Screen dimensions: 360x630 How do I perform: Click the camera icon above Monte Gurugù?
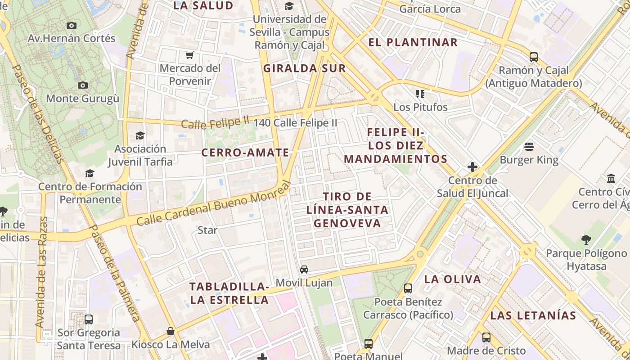pyautogui.click(x=82, y=85)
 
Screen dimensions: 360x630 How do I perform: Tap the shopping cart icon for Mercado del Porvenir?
pyautogui.click(x=190, y=55)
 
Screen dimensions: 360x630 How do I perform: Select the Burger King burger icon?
pyautogui.click(x=529, y=147)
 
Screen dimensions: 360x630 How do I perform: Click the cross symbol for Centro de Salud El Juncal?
pyautogui.click(x=472, y=167)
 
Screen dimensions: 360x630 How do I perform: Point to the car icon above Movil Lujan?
pyautogui.click(x=304, y=270)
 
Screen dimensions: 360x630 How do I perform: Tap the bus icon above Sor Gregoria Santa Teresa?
pyautogui.click(x=89, y=319)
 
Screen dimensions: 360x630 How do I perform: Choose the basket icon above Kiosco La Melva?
pyautogui.click(x=171, y=332)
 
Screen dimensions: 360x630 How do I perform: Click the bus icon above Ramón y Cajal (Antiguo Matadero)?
pyautogui.click(x=533, y=57)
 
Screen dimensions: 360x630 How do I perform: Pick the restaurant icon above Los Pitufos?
pyautogui.click(x=420, y=94)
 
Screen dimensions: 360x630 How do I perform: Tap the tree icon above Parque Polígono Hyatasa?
pyautogui.click(x=585, y=240)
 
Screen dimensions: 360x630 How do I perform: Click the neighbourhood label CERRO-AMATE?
pyautogui.click(x=245, y=153)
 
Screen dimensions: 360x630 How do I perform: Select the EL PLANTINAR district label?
pyautogui.click(x=413, y=43)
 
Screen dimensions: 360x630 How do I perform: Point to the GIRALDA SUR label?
pyautogui.click(x=304, y=68)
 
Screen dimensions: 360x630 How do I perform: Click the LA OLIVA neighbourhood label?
pyautogui.click(x=453, y=279)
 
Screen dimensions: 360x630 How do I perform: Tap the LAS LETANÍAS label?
pyautogui.click(x=533, y=315)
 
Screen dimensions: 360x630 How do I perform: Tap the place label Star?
pyautogui.click(x=207, y=230)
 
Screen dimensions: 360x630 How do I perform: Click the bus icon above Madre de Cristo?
pyautogui.click(x=486, y=337)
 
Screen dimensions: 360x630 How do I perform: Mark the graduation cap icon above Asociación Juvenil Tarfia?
pyautogui.click(x=140, y=135)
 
